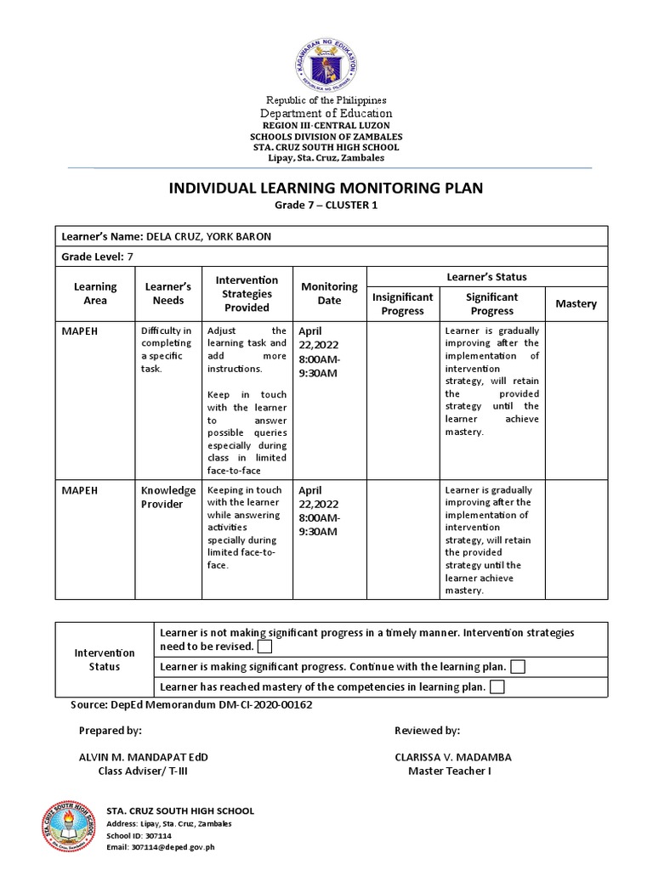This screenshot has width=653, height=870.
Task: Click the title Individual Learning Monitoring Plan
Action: (x=326, y=188)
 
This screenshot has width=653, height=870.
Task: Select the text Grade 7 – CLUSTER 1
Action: (x=326, y=206)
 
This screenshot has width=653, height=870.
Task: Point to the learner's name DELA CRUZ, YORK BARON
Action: (x=209, y=236)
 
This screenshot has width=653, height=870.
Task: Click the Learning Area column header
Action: (x=95, y=294)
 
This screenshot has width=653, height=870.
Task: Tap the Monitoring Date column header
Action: (x=329, y=293)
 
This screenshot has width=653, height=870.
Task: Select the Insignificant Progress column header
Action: (x=402, y=303)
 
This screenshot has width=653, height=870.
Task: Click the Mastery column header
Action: (x=576, y=303)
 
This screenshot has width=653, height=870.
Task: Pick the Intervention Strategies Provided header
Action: (x=247, y=293)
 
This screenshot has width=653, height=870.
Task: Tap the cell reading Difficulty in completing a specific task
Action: (x=168, y=349)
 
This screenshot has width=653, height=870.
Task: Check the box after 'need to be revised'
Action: (x=264, y=647)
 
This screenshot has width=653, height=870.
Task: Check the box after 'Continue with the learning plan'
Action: (x=518, y=667)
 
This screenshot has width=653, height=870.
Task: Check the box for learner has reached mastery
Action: (x=497, y=686)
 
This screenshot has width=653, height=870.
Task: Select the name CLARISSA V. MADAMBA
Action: (x=452, y=756)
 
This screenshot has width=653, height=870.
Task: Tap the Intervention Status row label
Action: (x=105, y=659)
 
